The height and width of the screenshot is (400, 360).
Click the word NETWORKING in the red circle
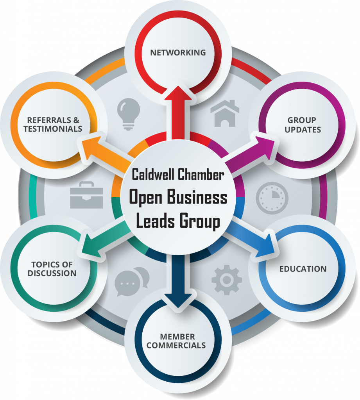tap(178, 53)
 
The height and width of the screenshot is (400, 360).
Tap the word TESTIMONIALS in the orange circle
tap(53, 129)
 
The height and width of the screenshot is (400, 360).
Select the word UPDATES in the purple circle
tap(303, 130)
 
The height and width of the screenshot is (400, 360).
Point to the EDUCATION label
tap(303, 269)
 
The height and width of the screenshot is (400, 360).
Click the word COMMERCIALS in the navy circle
tap(176, 345)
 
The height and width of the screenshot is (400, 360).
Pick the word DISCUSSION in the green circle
tap(52, 273)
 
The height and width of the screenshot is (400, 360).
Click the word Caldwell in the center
tap(153, 175)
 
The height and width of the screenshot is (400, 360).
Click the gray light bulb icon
tap(129, 114)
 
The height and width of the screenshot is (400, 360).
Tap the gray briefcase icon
tap(86, 195)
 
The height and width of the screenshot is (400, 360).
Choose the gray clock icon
tap(272, 198)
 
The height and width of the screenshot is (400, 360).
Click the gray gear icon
tap(227, 280)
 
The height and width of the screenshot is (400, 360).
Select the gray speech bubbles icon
tap(132, 282)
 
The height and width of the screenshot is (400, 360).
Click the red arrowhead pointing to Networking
tap(178, 93)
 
